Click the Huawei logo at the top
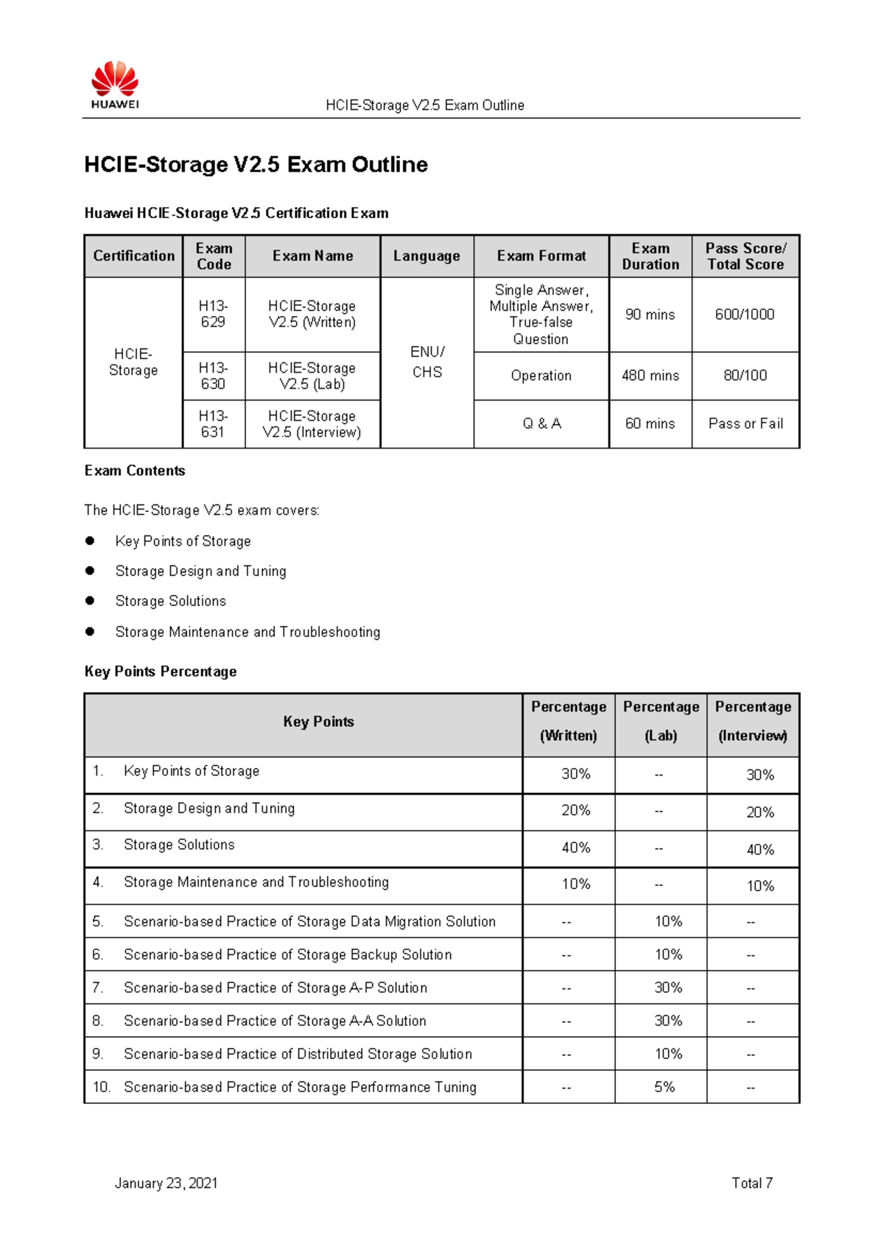pos(115,84)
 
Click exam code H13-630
pos(213,376)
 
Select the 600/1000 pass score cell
pos(745,314)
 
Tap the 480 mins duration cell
pos(650,376)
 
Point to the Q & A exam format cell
pos(541,423)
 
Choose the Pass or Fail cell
pos(746,423)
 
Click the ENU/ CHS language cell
pos(427,362)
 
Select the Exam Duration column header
pos(650,256)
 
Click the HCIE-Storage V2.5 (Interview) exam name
pos(312,424)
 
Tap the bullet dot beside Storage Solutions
pos(90,601)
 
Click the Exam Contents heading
pos(135,471)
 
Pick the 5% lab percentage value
pos(664,1087)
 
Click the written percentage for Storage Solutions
pos(575,848)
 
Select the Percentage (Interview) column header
pos(753,721)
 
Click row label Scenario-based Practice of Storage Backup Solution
pos(287,954)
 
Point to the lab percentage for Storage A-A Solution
pos(668,1021)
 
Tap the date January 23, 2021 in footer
pos(166,1183)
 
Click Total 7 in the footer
pos(751,1183)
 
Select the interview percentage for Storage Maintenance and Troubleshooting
pos(760,886)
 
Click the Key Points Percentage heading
pos(161,672)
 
